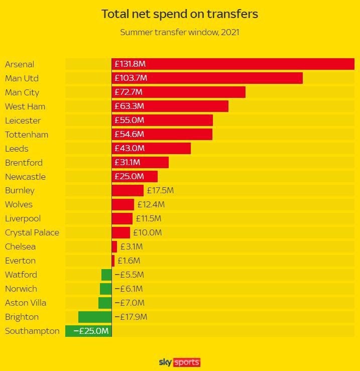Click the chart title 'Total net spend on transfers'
(x=180, y=14)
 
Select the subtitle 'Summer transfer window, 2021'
(x=180, y=33)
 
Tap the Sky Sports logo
(x=180, y=362)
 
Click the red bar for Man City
(x=196, y=92)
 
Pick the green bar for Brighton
(x=95, y=317)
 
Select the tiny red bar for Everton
(x=113, y=261)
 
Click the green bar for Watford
(x=106, y=275)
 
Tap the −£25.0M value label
(x=91, y=331)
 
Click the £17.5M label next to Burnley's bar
(x=160, y=191)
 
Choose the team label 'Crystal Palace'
(x=32, y=232)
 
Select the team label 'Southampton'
(x=32, y=331)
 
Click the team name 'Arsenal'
(x=20, y=64)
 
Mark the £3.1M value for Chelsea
(x=132, y=246)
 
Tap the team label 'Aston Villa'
(x=26, y=303)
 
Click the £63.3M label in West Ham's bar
(x=129, y=106)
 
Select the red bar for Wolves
(x=123, y=204)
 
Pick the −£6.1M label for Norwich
(x=129, y=289)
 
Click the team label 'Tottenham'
(x=27, y=135)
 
